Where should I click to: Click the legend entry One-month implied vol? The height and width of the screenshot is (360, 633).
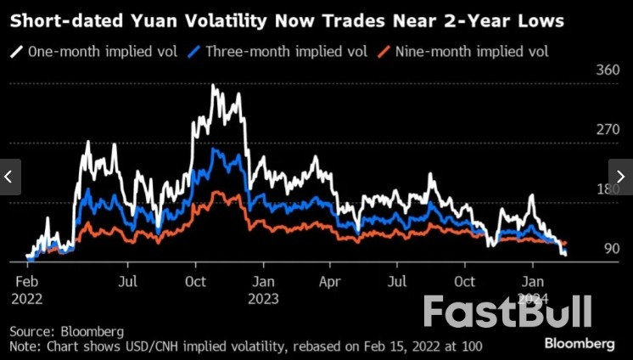click(x=94, y=52)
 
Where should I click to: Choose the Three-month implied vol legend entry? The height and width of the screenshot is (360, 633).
click(x=279, y=52)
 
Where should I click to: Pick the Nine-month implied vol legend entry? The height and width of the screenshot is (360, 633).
click(x=465, y=52)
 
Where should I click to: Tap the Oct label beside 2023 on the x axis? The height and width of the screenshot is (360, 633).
click(x=464, y=280)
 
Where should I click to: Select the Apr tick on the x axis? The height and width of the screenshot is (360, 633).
click(x=329, y=280)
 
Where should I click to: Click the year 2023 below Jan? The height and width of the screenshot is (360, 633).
click(x=264, y=298)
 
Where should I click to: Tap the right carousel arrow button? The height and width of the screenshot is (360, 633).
click(x=621, y=177)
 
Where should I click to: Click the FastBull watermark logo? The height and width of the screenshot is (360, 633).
click(x=507, y=312)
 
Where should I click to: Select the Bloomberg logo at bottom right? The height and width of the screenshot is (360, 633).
click(x=579, y=343)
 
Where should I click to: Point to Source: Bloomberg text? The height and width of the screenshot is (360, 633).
click(x=67, y=330)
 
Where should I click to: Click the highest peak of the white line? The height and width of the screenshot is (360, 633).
click(x=213, y=86)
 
